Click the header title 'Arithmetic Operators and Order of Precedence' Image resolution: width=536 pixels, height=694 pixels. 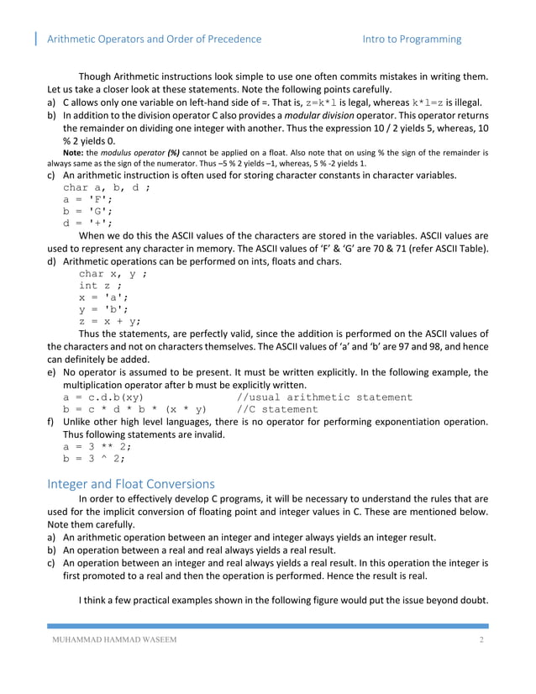[154, 39]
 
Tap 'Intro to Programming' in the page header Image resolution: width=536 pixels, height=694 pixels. [412, 39]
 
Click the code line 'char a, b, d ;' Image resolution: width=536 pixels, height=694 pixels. [107, 187]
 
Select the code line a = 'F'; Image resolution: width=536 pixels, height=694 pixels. [87, 200]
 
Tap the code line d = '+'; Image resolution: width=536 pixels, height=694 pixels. [87, 223]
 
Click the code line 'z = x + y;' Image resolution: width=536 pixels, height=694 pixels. [110, 320]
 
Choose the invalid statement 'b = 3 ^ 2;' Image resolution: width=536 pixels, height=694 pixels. [94, 459]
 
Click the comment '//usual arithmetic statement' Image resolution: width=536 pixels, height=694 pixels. [324, 397]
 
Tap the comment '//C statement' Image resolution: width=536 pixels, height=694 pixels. [277, 409]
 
